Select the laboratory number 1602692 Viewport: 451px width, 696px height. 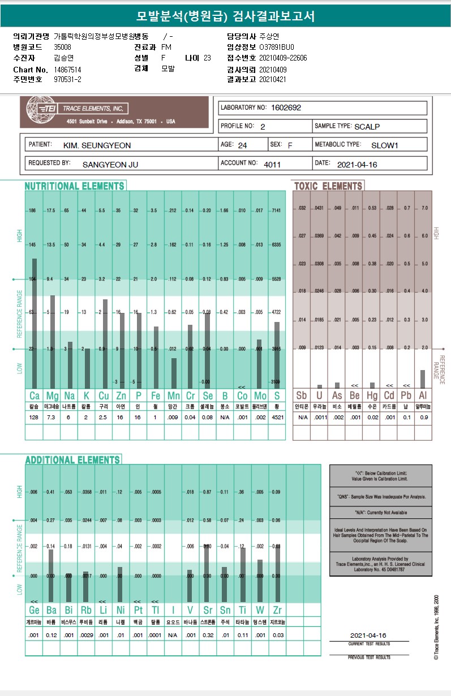[x=286, y=108]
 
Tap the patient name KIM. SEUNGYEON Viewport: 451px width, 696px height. [x=97, y=145]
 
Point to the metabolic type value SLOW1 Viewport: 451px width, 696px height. [x=385, y=145]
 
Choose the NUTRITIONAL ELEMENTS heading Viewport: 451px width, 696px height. [x=74, y=186]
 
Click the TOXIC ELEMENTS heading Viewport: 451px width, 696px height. [x=328, y=186]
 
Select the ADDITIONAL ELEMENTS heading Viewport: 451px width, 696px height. [x=72, y=459]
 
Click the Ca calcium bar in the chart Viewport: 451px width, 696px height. [x=35, y=323]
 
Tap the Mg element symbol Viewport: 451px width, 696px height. [x=52, y=395]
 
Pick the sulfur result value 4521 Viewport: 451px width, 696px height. [x=276, y=418]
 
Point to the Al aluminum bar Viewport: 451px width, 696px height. [x=423, y=379]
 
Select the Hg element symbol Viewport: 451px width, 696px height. [x=371, y=395]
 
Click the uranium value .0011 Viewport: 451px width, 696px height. [x=320, y=418]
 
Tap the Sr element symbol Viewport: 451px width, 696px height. [x=207, y=610]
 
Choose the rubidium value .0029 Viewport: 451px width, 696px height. [x=86, y=635]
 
